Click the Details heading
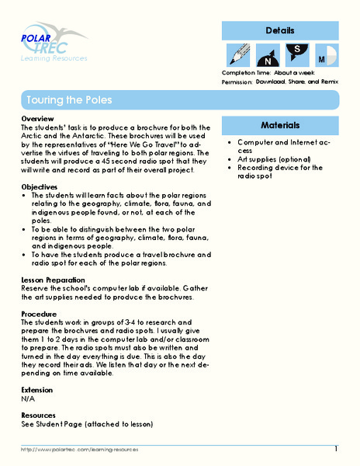pos(280,31)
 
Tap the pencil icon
pos(237,54)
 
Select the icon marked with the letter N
pos(267,56)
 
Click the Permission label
pos(238,81)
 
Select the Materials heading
pos(280,124)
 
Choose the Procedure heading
pos(40,314)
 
